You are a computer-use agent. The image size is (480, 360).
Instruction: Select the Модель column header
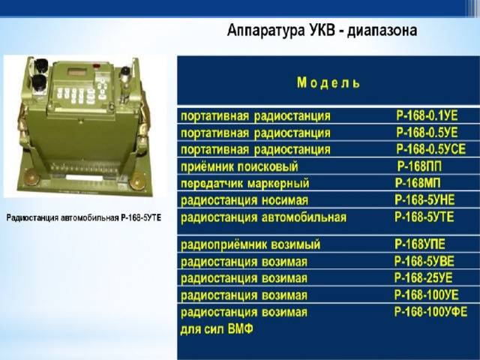[x=328, y=82]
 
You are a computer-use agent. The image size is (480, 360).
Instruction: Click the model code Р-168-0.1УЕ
[x=427, y=116]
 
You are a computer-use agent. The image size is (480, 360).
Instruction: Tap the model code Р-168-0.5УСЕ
[x=431, y=149]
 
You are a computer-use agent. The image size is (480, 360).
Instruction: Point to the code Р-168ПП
[x=420, y=166]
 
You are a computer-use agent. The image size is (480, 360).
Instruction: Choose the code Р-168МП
[x=418, y=183]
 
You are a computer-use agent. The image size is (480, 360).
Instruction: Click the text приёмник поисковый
[x=239, y=167]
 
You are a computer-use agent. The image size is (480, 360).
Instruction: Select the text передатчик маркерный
[x=245, y=184]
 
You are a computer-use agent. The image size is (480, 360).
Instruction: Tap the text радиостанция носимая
[x=244, y=200]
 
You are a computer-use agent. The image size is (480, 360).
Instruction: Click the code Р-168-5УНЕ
[x=425, y=200]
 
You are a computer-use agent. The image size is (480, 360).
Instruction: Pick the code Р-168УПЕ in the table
[x=420, y=244]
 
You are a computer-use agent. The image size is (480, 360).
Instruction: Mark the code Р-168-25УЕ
[x=423, y=278]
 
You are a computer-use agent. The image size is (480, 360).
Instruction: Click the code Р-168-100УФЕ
[x=431, y=312]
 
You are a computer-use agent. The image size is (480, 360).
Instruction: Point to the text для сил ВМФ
[x=217, y=330]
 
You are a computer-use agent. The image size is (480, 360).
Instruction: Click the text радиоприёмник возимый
[x=250, y=245]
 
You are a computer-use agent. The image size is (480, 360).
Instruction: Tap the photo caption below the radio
[x=84, y=218]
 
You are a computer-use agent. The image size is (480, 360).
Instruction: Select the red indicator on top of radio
[x=97, y=65]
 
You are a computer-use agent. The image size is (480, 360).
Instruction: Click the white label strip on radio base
[x=84, y=178]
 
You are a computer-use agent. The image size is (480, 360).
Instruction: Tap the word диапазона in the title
[x=382, y=31]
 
